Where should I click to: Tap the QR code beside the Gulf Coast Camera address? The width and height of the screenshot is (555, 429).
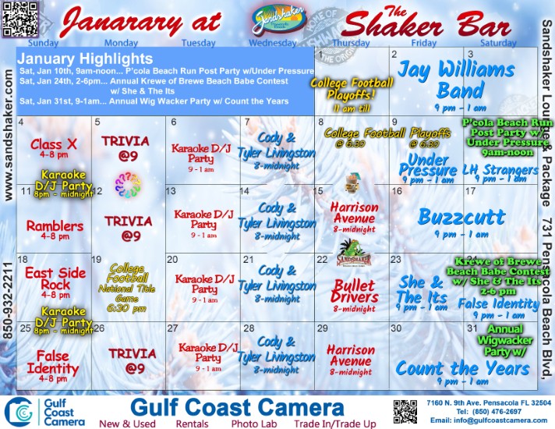(405, 411)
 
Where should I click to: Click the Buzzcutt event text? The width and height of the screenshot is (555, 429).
(461, 216)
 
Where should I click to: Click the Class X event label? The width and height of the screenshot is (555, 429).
(54, 144)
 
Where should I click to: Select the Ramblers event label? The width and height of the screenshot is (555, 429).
(54, 226)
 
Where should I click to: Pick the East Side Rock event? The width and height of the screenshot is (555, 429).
(54, 278)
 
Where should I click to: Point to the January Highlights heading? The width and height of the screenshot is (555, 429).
(86, 59)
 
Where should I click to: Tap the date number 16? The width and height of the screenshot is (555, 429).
(398, 191)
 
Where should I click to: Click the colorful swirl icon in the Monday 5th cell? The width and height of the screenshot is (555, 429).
(129, 184)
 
